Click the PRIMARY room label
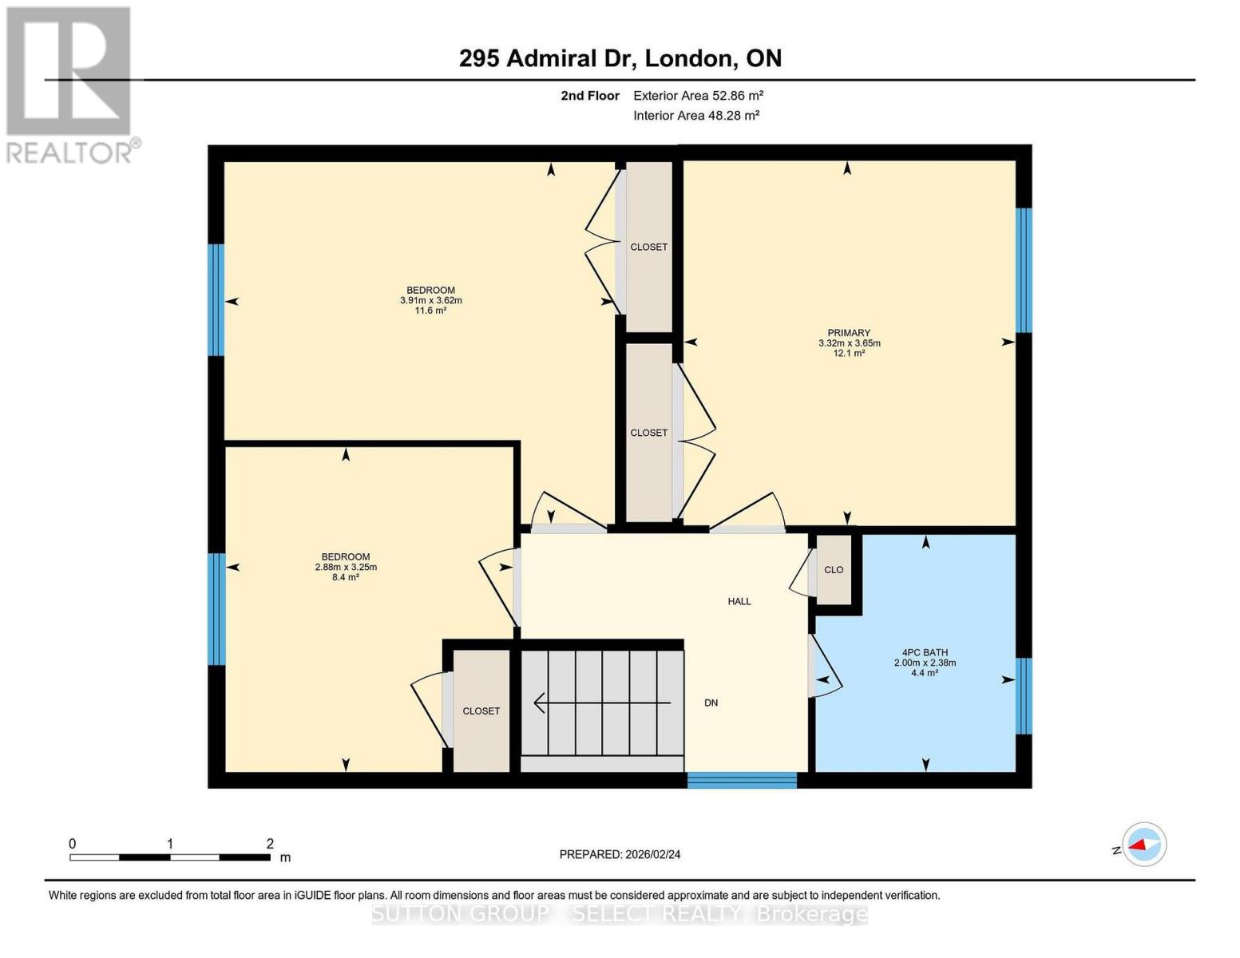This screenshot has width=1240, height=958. [x=849, y=333]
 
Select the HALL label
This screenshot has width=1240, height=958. [x=739, y=601]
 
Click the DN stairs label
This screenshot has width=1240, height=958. [x=711, y=703]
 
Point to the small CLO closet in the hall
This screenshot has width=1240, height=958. [x=834, y=570]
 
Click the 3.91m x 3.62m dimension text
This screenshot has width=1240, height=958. [x=431, y=301]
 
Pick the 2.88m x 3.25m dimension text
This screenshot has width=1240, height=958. [x=346, y=568]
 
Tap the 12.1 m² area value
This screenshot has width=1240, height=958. [x=849, y=353]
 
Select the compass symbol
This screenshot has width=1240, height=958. [x=1143, y=844]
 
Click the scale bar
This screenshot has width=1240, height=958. [x=170, y=857]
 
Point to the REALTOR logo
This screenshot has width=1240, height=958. [x=69, y=84]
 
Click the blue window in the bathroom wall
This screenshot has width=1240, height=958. [x=1024, y=695]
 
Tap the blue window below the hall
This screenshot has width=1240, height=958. [x=742, y=780]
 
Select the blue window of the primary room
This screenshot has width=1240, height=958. [x=1024, y=270]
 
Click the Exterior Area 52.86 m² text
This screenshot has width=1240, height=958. [x=698, y=96]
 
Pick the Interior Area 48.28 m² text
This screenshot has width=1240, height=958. [x=695, y=115]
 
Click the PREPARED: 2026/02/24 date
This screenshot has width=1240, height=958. [x=620, y=854]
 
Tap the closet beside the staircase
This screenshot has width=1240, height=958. [x=481, y=711]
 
